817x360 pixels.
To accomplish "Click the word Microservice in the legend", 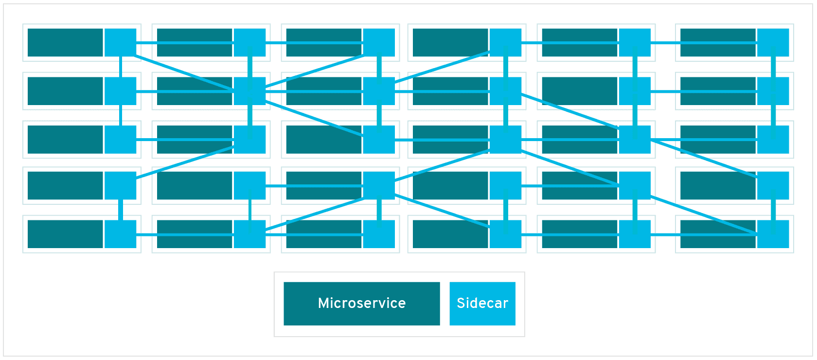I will [361, 303].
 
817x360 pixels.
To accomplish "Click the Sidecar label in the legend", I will [482, 303].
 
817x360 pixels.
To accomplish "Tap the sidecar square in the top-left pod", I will [121, 42].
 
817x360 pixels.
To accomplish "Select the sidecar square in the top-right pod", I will [773, 42].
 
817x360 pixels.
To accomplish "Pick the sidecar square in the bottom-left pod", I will [121, 234].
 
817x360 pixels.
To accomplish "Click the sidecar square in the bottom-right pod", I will [773, 234].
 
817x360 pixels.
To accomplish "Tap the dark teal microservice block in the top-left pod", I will [65, 42].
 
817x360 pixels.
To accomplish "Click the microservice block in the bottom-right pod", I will [717, 234].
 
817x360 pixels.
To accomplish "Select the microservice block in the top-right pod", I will [717, 42].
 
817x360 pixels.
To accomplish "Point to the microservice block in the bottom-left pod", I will [65, 234].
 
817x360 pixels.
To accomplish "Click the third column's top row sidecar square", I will [379, 42].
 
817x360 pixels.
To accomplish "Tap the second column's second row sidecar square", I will [250, 91].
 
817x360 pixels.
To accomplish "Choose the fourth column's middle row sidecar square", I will [506, 140].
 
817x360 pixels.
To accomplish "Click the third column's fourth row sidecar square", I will [379, 185].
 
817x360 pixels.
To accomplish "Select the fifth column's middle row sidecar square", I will [635, 140].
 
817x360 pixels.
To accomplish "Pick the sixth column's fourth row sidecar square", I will [773, 185].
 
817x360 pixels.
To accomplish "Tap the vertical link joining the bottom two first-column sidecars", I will [121, 210].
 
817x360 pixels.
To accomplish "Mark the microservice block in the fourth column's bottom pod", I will [450, 234].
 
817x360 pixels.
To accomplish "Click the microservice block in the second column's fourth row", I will [195, 185].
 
